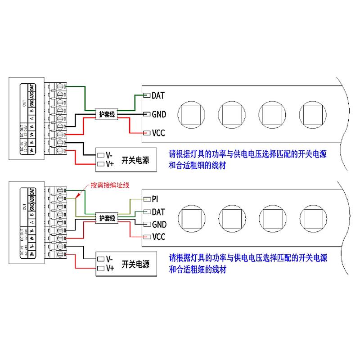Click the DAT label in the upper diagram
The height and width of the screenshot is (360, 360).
pos(158,95)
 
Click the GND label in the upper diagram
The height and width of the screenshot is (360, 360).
pos(159,114)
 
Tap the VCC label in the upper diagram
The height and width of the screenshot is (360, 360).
pos(159,133)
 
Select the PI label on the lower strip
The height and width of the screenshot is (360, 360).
pos(156,198)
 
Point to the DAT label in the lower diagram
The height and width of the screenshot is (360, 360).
pos(158,211)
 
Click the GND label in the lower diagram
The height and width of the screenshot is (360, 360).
pos(159,224)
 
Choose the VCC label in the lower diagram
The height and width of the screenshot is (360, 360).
pos(159,237)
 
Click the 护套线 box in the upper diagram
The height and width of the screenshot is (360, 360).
pos(107,114)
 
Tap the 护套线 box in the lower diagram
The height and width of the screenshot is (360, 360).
pos(107,218)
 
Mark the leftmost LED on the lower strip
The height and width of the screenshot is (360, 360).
pos(191,218)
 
